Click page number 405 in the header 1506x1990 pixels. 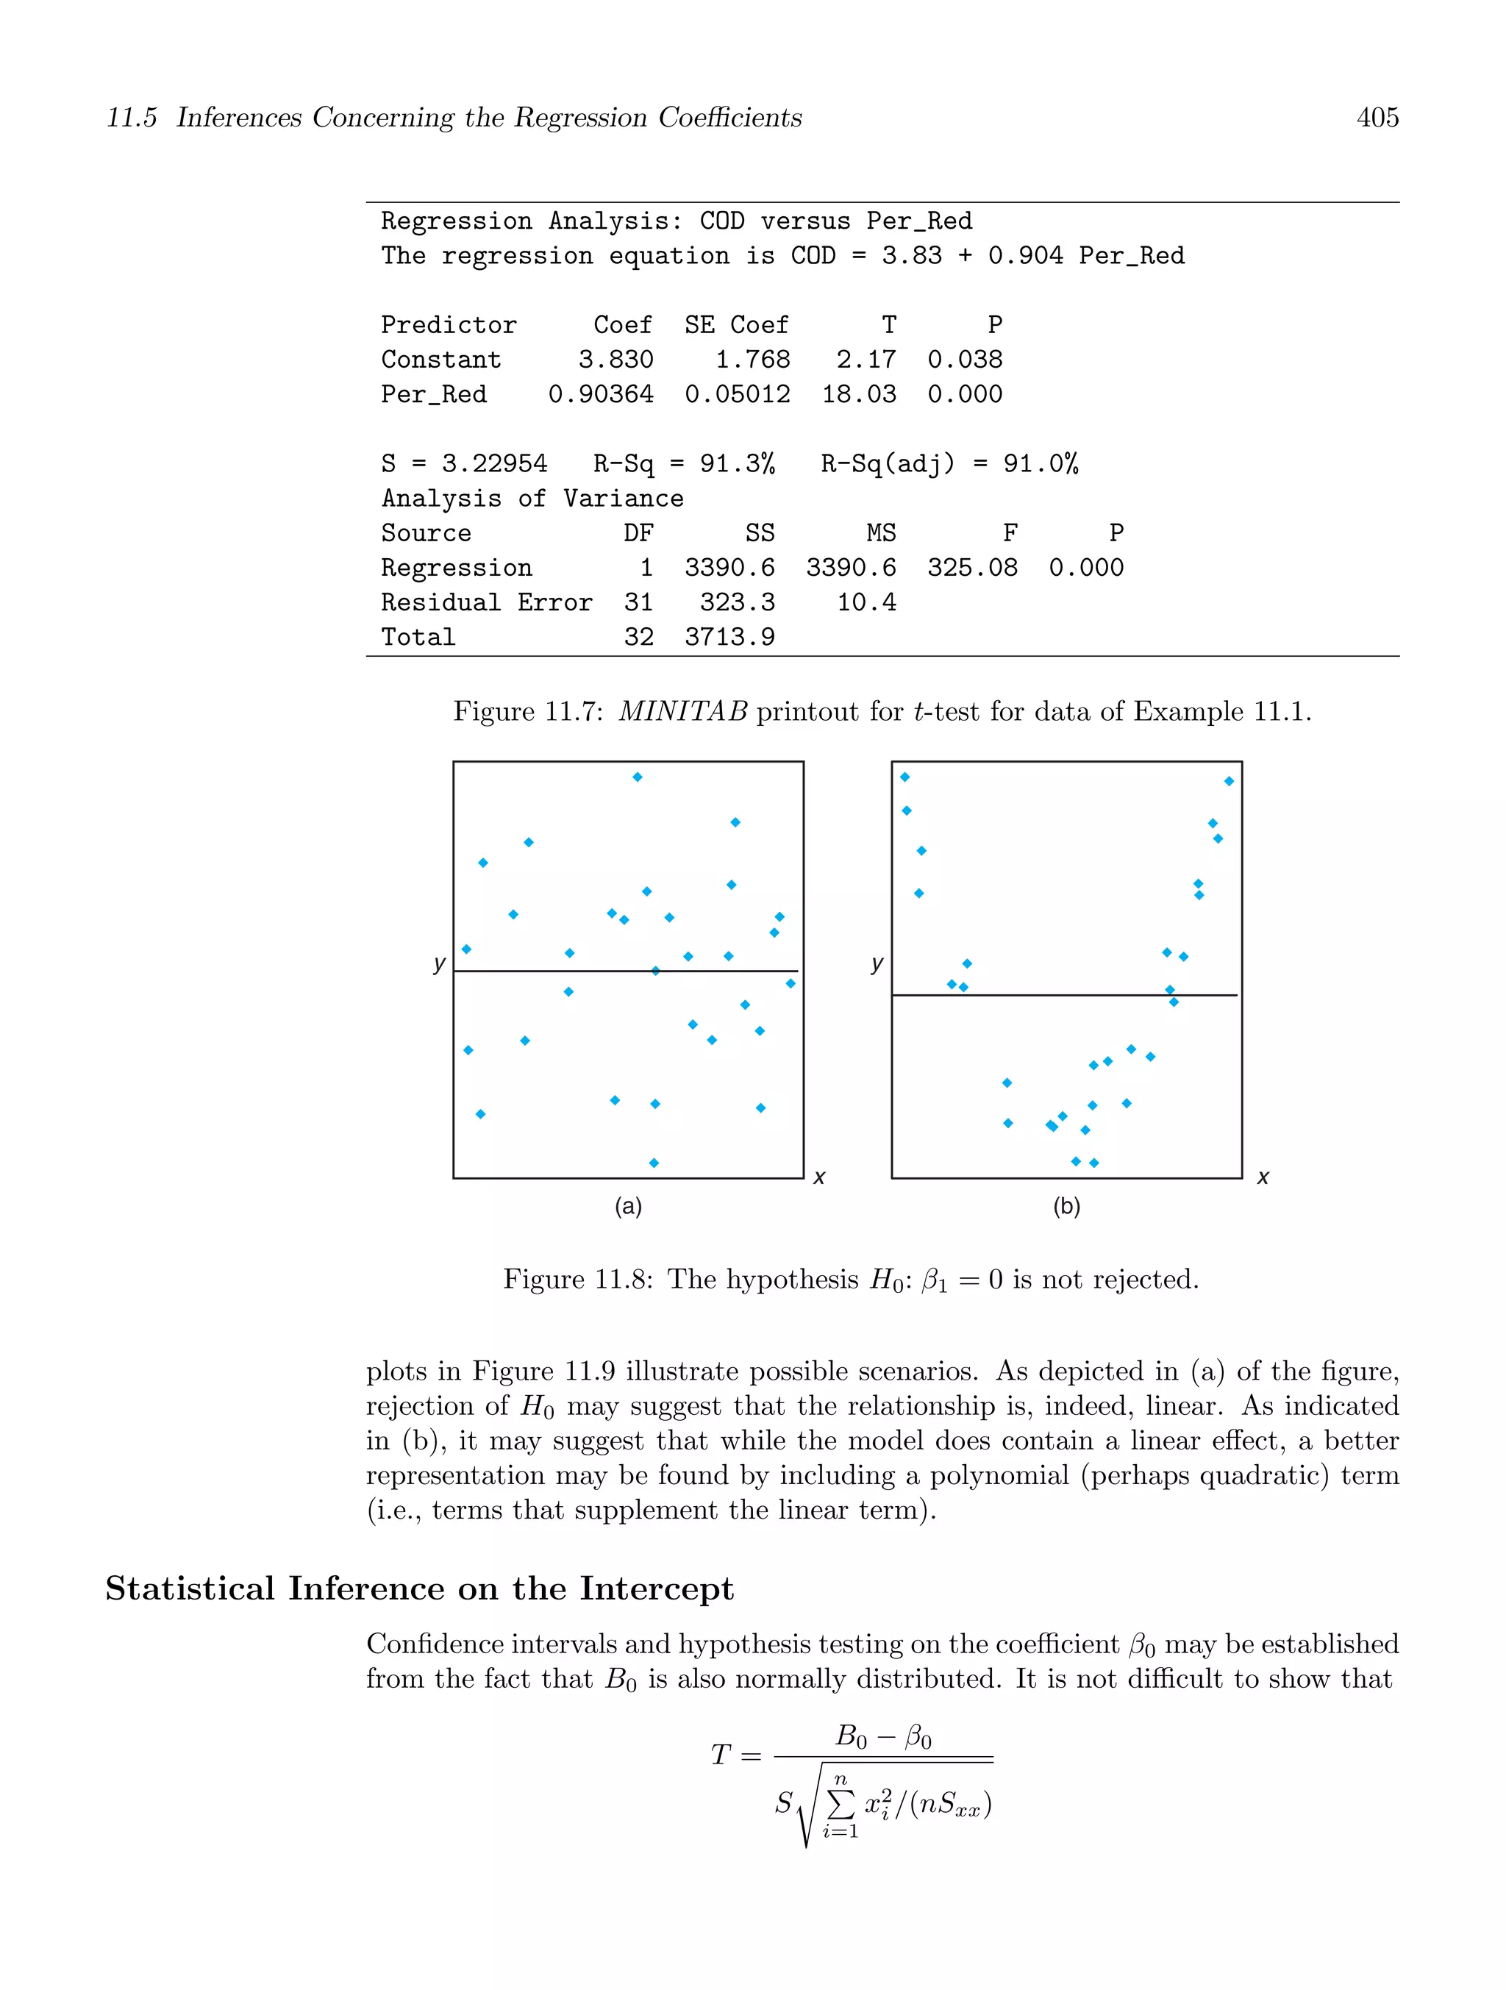[1377, 118]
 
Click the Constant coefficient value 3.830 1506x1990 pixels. [615, 360]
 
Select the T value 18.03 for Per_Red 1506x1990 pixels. [858, 394]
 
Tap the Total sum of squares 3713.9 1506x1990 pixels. [729, 637]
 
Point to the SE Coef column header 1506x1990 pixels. [736, 325]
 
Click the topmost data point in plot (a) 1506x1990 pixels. [637, 777]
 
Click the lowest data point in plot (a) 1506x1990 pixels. [654, 1163]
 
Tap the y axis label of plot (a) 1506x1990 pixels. [439, 963]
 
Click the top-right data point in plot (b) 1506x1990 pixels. [1229, 782]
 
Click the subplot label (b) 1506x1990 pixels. [1066, 1206]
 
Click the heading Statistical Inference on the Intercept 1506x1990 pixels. [419, 1588]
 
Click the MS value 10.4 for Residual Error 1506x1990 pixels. [866, 603]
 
